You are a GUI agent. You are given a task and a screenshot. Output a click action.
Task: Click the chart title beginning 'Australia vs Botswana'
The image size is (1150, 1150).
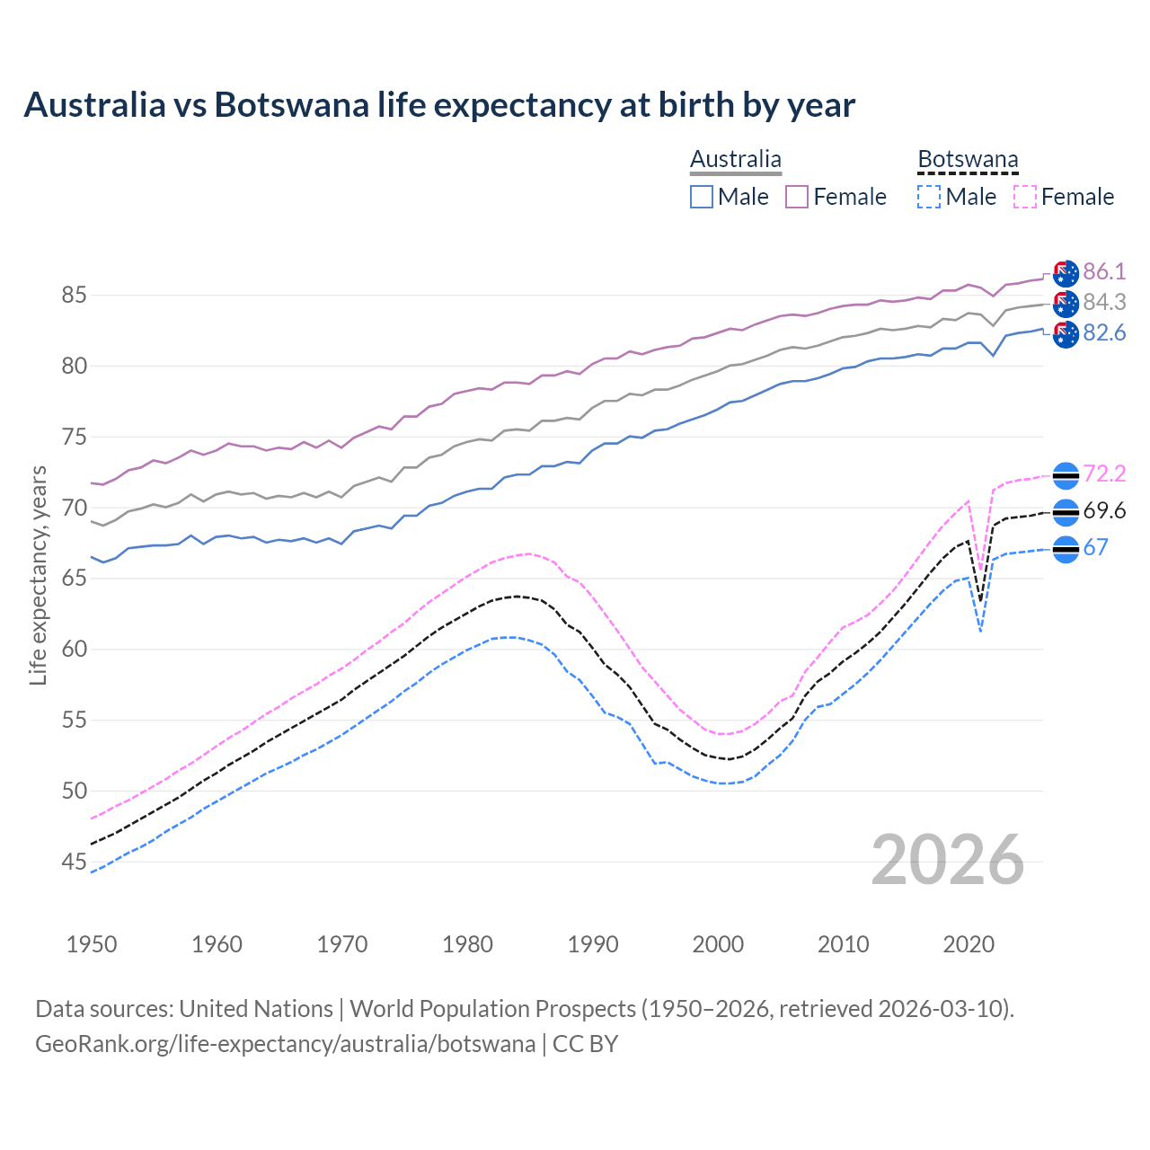(439, 105)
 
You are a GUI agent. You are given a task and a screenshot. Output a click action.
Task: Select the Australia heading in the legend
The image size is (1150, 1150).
(735, 160)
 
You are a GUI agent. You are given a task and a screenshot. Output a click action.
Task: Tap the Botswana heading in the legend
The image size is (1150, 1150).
(968, 160)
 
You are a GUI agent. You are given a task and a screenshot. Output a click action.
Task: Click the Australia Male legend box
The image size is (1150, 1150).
(702, 197)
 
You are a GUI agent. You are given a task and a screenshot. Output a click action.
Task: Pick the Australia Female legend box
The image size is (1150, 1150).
(797, 197)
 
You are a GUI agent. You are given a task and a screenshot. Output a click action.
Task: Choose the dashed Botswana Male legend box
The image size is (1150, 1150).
(929, 197)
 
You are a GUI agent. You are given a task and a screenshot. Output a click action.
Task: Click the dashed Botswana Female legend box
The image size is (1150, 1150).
(1024, 197)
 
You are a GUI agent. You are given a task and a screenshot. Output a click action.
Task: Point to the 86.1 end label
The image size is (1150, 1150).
(1104, 271)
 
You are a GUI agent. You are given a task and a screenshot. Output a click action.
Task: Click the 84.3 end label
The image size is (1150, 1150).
(1104, 302)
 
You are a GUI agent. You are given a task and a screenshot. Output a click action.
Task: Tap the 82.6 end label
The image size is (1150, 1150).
(1104, 332)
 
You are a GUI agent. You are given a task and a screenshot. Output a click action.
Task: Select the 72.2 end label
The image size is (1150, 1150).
(1104, 473)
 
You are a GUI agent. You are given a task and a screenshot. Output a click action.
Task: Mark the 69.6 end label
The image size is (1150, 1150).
(1104, 511)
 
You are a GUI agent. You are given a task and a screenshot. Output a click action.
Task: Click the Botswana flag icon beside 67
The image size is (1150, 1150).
(1066, 549)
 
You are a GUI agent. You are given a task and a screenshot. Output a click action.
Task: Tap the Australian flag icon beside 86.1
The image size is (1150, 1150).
(1066, 273)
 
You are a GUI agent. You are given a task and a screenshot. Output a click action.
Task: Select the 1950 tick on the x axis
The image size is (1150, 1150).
(92, 944)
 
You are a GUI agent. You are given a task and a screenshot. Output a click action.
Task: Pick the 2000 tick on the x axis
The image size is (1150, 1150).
(718, 944)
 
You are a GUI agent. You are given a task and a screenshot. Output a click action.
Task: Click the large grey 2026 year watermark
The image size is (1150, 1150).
(947, 860)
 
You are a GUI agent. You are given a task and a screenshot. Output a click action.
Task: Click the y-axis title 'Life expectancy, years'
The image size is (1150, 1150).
(39, 575)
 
